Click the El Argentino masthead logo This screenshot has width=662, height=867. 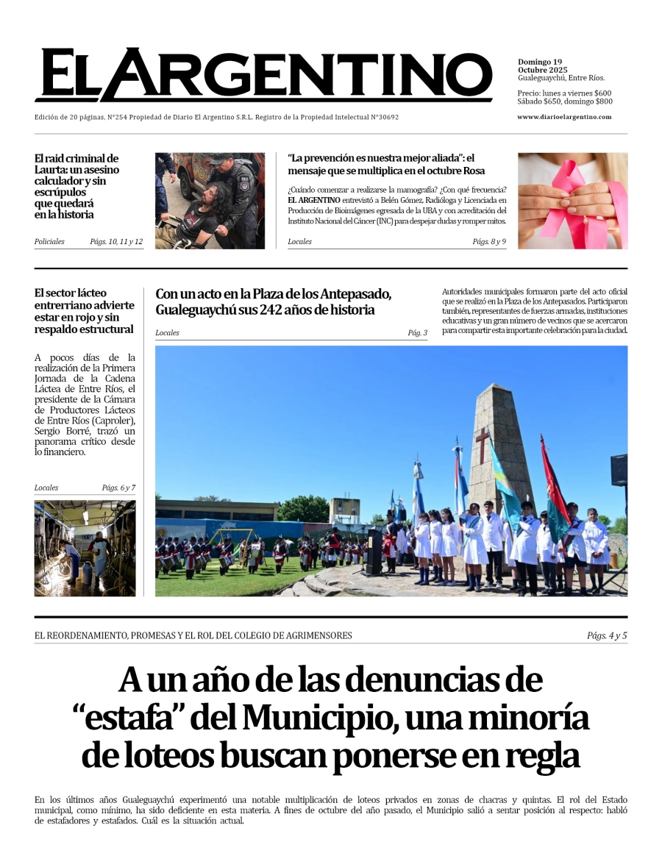tap(263, 74)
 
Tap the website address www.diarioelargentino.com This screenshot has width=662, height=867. tap(564, 117)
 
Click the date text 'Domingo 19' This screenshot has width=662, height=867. tap(540, 62)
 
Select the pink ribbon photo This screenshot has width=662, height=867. tap(572, 201)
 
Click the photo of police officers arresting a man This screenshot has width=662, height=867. tap(210, 201)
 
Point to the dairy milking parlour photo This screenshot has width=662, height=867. tap(85, 548)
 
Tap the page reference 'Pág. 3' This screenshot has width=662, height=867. tap(417, 333)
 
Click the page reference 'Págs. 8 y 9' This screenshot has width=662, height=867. tap(489, 242)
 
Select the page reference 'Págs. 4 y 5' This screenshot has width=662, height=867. tap(607, 635)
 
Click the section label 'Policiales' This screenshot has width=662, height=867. tap(49, 242)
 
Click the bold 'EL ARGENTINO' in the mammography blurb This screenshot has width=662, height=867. tap(314, 200)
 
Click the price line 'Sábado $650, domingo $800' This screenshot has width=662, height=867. tap(565, 101)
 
